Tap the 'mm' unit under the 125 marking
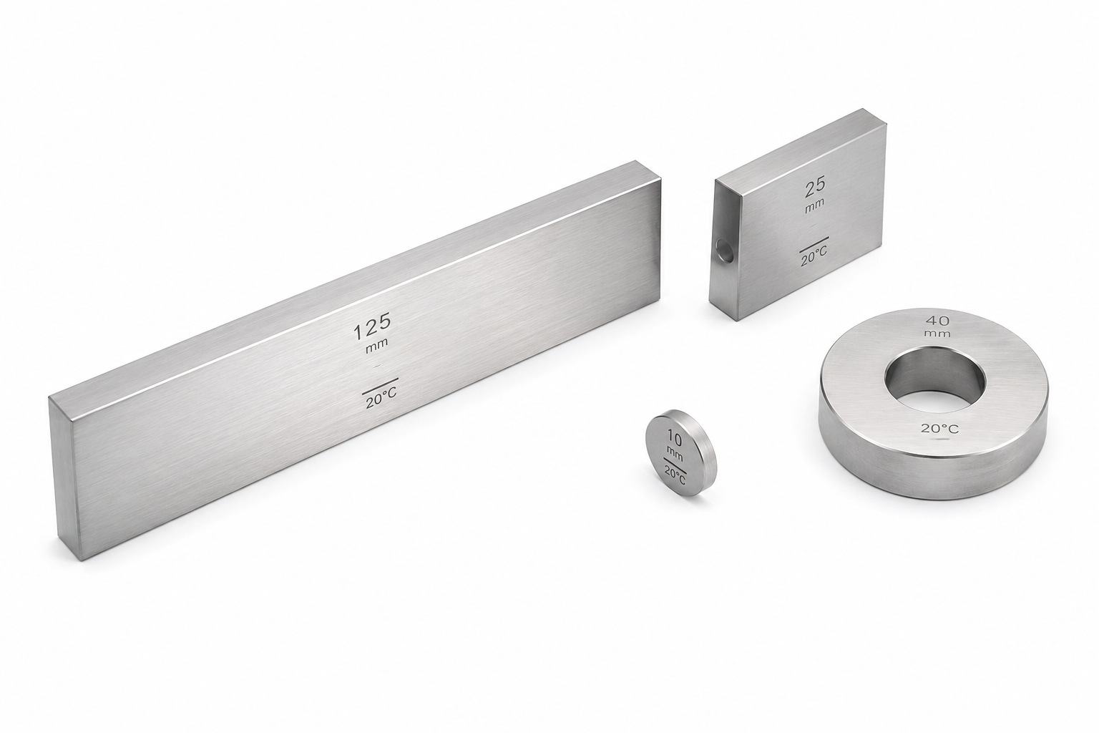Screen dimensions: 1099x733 pos(377,343)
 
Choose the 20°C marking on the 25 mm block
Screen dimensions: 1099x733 pos(814,256)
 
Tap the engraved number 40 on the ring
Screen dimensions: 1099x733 pos(937,321)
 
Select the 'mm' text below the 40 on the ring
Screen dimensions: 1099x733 pos(937,334)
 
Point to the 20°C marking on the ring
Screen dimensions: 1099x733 pos(939,429)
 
